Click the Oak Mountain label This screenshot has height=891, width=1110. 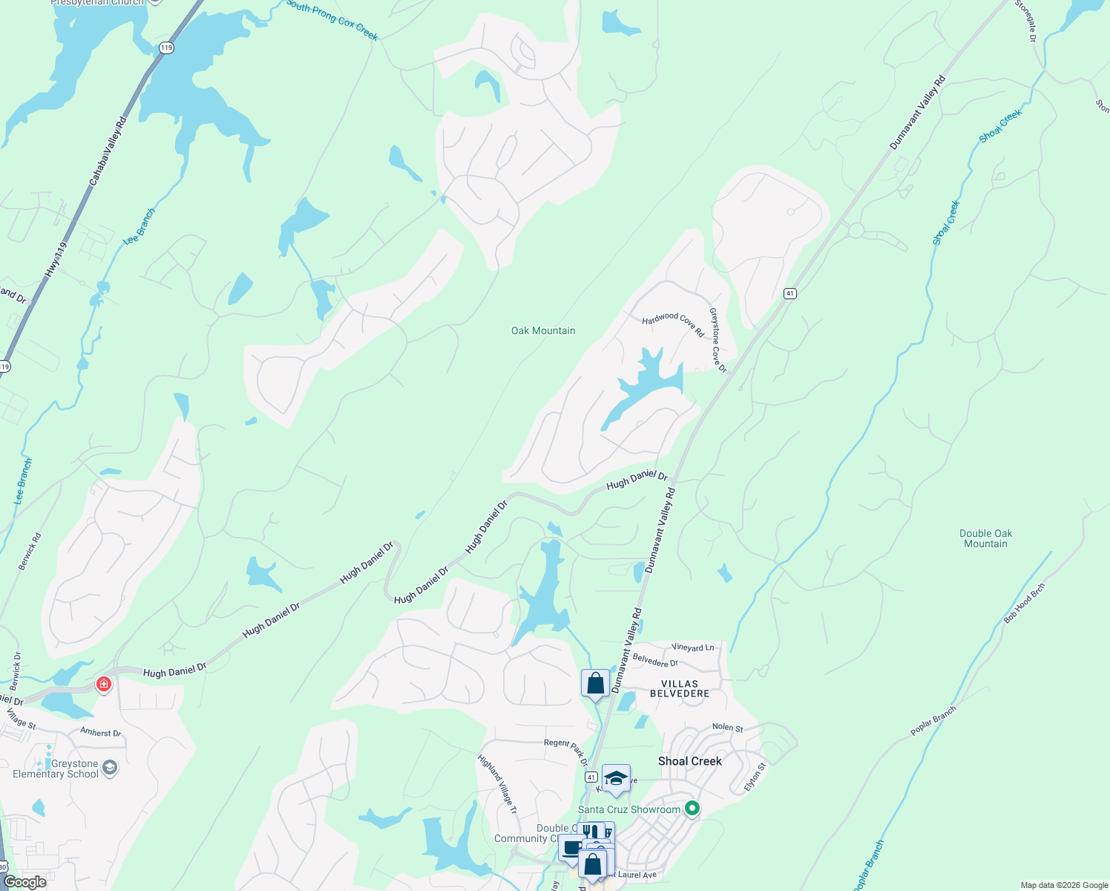543,330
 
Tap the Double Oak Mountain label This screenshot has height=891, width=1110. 985,538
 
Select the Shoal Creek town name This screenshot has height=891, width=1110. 689,761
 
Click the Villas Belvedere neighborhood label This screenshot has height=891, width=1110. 680,688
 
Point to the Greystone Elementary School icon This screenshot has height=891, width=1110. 110,768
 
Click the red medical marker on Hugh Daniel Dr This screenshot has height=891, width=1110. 104,684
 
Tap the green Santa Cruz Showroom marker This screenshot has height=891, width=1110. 692,809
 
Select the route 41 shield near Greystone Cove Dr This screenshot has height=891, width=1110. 789,293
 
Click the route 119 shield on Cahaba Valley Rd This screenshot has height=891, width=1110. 165,48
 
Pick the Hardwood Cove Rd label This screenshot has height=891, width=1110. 673,324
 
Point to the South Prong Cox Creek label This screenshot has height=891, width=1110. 332,20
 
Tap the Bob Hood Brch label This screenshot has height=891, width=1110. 1024,603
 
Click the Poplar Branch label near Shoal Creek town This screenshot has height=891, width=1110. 933,721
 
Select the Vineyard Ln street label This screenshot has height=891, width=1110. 692,647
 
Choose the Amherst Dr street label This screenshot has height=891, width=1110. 100,732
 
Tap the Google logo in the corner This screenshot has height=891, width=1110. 24,882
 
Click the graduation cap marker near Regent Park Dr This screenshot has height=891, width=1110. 616,778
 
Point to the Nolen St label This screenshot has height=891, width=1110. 727,728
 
